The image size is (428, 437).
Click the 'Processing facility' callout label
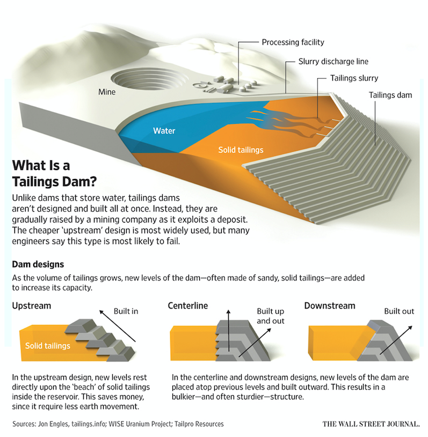[x=293, y=42]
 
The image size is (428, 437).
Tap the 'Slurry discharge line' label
[x=333, y=61]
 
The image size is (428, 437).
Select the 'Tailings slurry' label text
[x=354, y=78]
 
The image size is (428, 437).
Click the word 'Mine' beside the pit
[x=107, y=92]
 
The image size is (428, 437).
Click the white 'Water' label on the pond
[x=164, y=130]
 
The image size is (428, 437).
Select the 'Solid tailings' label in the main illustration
[x=241, y=150]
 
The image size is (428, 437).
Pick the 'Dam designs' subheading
[x=38, y=264]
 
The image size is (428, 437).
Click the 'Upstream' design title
[x=32, y=306]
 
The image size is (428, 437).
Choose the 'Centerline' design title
[x=188, y=306]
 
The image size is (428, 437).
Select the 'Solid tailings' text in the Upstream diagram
[x=48, y=346]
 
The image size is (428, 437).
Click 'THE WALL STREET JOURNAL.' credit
[x=371, y=424]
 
